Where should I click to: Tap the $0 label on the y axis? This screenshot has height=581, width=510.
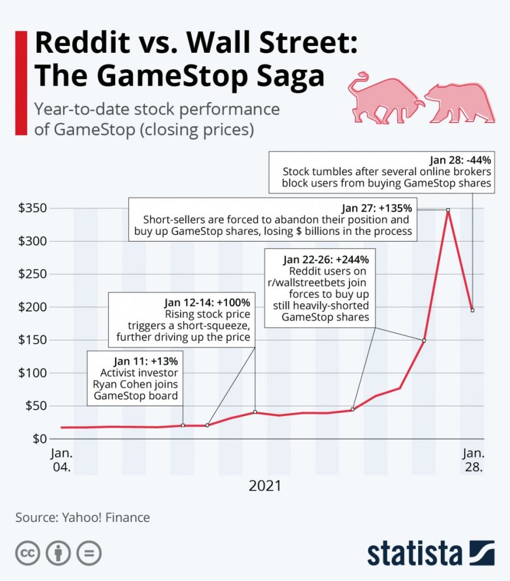point(39,439)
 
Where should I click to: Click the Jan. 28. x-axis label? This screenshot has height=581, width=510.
point(473,461)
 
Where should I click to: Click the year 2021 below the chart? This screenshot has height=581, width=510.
point(265,486)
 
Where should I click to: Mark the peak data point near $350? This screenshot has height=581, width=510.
point(448,210)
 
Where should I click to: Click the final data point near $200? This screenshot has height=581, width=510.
point(473,310)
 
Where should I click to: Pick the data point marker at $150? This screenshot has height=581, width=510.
point(424,340)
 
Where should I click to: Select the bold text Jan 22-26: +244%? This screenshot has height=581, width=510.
point(326,260)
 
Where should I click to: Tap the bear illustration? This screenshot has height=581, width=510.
point(460,102)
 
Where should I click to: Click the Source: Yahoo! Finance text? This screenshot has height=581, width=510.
point(83,517)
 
